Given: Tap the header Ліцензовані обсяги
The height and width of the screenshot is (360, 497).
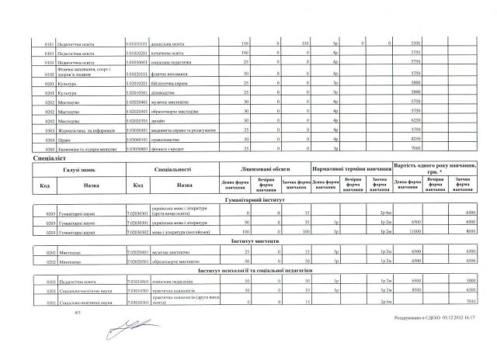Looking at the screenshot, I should [265, 168].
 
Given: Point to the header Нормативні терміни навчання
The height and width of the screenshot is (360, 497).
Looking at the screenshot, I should [351, 168].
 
